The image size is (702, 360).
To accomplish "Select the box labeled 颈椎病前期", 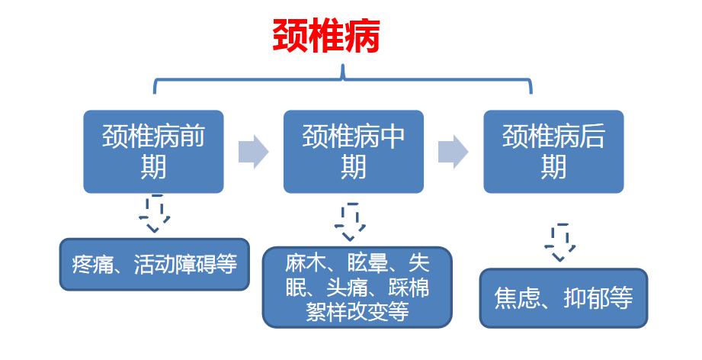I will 153,151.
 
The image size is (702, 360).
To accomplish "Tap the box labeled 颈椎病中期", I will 353,151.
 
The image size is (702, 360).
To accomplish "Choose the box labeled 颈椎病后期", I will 553,151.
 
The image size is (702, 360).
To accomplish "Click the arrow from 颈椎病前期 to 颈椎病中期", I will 253,152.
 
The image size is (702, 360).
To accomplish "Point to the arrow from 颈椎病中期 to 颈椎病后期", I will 453,152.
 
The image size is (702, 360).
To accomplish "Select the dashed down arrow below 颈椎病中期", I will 351,222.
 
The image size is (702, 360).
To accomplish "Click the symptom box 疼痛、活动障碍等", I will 154,265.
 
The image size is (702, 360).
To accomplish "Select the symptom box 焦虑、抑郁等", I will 563,297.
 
